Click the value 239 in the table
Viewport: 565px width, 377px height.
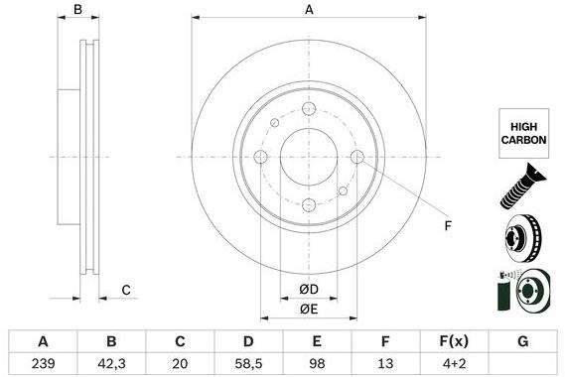point(43,363)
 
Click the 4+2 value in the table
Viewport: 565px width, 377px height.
point(452,363)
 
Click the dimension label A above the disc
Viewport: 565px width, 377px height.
point(309,10)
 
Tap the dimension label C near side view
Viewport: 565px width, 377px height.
point(126,290)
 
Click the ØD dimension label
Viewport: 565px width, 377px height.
point(309,290)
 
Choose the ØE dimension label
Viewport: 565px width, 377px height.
point(309,311)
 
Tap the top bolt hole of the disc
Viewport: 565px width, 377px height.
point(309,109)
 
